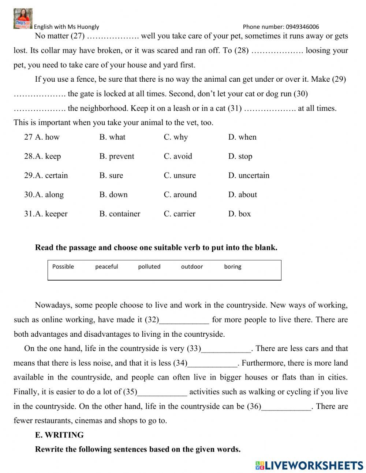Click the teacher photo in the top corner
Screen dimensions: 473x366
click(x=23, y=18)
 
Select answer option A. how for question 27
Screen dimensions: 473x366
click(x=47, y=137)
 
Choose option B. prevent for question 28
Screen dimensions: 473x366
click(x=116, y=156)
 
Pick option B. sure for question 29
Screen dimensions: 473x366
click(x=111, y=175)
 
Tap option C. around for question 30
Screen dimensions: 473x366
click(x=180, y=195)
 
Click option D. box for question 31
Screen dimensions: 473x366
click(x=239, y=214)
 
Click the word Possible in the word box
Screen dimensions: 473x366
click(x=63, y=267)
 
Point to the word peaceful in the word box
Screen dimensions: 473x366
click(x=107, y=267)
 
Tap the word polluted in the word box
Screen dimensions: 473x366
click(x=149, y=267)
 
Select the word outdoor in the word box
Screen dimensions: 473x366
click(x=192, y=267)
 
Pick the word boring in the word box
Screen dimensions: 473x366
click(x=233, y=267)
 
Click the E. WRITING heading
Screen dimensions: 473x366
click(x=59, y=435)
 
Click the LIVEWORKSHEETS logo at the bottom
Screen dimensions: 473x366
click(x=309, y=465)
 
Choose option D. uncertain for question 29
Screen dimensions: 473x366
click(x=249, y=175)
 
